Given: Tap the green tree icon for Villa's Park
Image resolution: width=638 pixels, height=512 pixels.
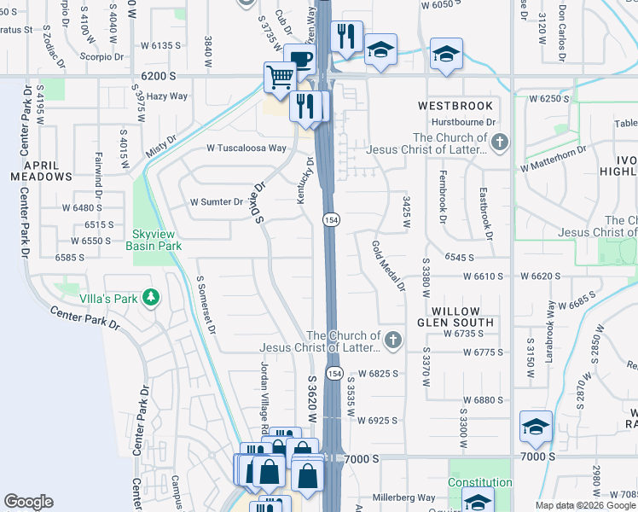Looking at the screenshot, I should coord(151,297).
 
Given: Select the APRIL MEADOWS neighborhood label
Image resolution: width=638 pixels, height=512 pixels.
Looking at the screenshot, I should coord(41,171).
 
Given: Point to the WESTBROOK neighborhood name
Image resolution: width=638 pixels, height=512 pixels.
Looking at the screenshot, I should coord(455,106).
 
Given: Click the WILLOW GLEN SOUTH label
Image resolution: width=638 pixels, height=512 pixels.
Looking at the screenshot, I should coord(451,317).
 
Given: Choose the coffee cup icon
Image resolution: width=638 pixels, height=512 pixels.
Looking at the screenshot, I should coord(299,58).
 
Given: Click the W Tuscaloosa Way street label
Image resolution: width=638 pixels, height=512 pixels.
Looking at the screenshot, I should coord(246,148).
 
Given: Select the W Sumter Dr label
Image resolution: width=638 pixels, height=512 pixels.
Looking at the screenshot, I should coord(216,202).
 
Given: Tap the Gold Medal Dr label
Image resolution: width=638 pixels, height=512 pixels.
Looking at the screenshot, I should coord(387,265).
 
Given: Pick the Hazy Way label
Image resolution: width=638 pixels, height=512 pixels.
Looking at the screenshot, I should coord(167,96).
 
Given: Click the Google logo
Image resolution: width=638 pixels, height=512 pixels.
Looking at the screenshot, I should coord(28,502).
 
